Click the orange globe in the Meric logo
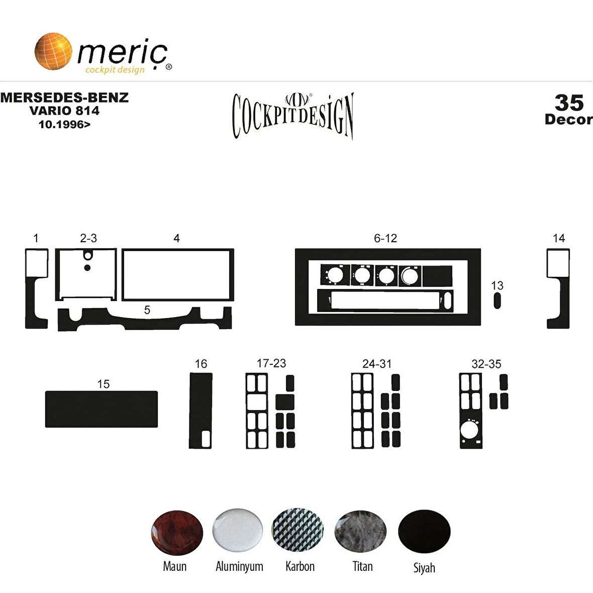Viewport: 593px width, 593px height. tap(53, 51)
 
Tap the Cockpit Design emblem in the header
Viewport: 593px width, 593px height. tap(293, 116)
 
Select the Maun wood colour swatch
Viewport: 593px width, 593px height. tap(177, 533)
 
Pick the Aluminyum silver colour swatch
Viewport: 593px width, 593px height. tap(238, 530)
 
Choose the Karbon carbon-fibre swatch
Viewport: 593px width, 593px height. tap(298, 530)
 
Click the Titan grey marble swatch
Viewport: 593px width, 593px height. tap(360, 531)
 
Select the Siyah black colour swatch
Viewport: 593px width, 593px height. tap(424, 531)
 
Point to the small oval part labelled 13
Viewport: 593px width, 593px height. tap(498, 301)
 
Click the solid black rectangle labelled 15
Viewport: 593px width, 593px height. tap(102, 409)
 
